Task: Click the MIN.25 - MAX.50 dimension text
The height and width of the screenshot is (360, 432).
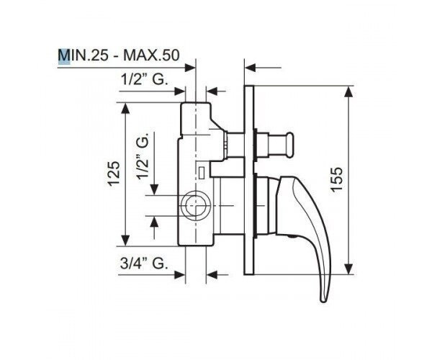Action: (119, 55)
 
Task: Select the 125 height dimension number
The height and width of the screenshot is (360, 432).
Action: (114, 174)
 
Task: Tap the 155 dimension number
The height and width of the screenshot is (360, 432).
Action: (337, 179)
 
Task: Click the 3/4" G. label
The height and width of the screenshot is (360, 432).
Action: (144, 264)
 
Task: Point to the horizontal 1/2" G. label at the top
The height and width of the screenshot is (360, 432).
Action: (145, 80)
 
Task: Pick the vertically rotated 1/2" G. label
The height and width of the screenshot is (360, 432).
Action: (143, 156)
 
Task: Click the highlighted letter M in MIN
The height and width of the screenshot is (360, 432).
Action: (64, 55)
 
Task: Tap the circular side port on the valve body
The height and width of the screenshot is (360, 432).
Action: (195, 205)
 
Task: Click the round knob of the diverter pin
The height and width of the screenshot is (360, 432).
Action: (290, 145)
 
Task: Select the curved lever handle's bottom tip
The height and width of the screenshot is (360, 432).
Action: (323, 300)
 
